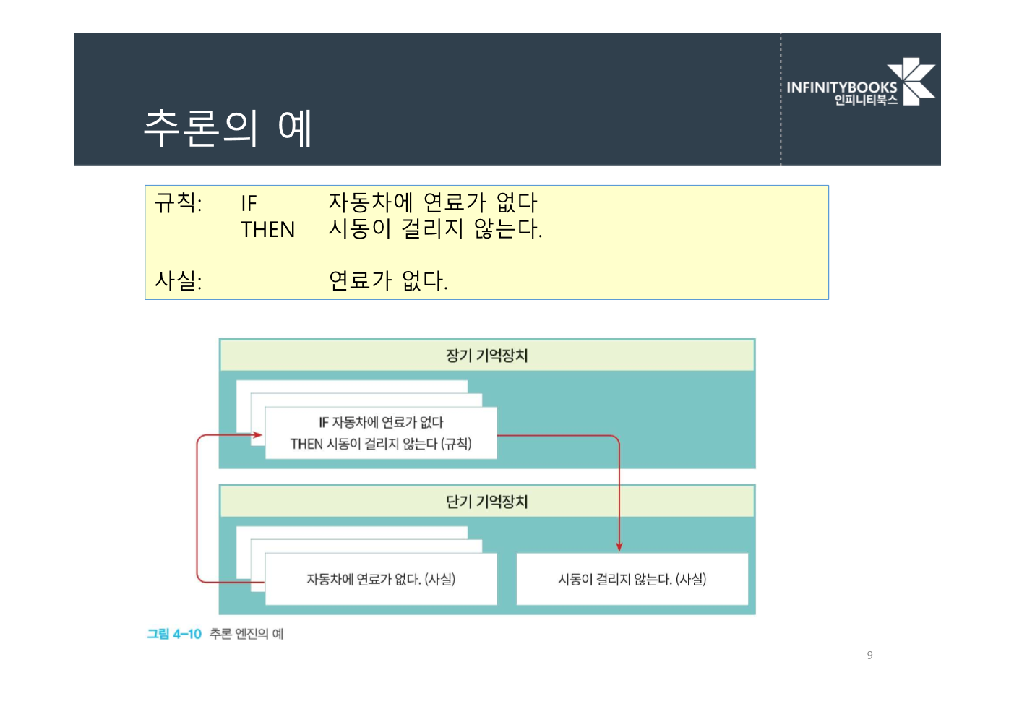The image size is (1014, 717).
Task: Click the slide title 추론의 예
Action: point(228,128)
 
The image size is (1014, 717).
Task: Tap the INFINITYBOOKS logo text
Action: point(841,87)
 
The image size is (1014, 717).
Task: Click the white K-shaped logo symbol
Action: point(912,81)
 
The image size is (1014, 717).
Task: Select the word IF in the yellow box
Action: point(249,203)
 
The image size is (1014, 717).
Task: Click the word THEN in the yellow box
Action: point(267,230)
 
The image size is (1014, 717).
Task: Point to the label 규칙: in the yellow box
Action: point(178,203)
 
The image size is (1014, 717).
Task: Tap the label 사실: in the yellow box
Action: point(178,280)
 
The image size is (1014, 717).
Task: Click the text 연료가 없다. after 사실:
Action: point(388,280)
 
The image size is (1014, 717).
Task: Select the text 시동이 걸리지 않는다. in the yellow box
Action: point(435,229)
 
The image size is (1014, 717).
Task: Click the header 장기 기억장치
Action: point(486,356)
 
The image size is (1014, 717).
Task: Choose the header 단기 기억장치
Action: point(486,502)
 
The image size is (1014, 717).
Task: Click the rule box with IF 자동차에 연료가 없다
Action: point(381,433)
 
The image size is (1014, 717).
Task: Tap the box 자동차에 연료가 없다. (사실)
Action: point(381,579)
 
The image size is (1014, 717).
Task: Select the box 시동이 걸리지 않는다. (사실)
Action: point(632,579)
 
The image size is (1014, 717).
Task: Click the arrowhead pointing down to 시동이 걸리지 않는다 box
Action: point(619,546)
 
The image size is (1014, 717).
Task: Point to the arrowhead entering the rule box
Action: point(257,434)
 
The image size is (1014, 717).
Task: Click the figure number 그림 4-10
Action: point(174,634)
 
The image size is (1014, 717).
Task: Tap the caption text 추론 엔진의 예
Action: point(246,634)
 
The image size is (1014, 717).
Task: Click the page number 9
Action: point(869,655)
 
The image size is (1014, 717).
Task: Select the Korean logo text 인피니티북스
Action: point(865,100)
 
